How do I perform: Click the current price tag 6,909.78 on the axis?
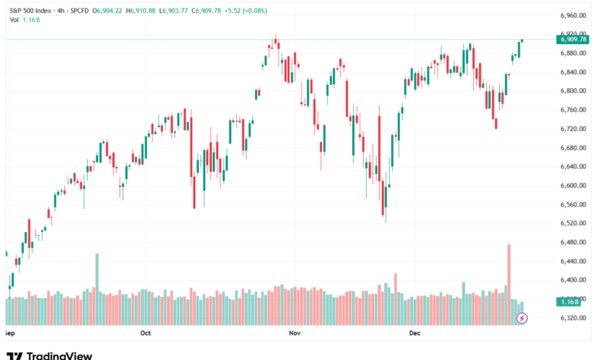tap(573, 39)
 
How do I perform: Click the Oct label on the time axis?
tap(146, 334)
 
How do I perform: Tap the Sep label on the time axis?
tap(9, 334)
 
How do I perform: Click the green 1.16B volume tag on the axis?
tap(573, 300)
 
